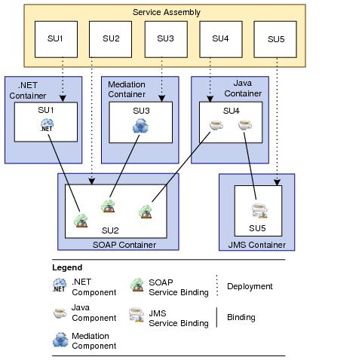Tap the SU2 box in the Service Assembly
point(111,38)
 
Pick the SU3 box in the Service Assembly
point(165,38)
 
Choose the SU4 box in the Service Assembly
point(220,38)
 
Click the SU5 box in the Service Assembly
point(275,38)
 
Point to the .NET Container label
point(29,90)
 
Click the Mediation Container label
point(126,89)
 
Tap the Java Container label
point(241,89)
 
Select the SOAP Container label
point(124,245)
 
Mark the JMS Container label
point(256,245)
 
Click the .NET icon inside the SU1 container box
point(47,126)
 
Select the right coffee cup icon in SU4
point(244,127)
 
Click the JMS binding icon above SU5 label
point(258,211)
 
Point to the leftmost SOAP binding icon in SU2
point(80,220)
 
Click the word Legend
point(67,267)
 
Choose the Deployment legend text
point(250,286)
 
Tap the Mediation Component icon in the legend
point(60,340)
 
